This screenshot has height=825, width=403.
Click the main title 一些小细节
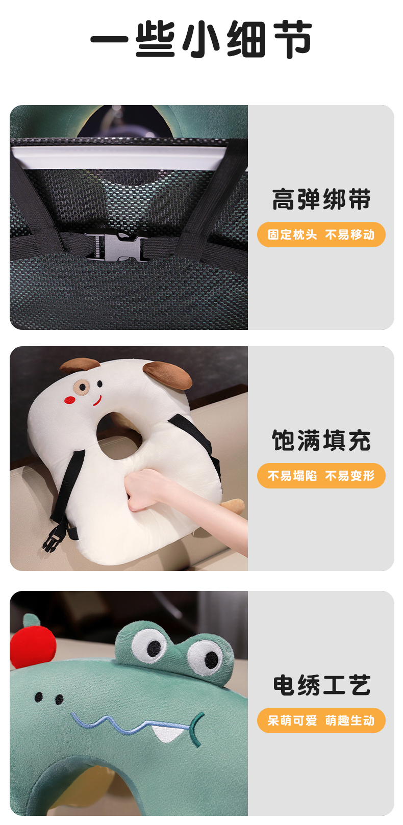(x=202, y=39)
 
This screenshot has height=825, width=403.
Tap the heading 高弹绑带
(x=321, y=199)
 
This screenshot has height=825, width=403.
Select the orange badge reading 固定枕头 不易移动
(x=321, y=235)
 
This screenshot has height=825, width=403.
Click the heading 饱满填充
(x=321, y=441)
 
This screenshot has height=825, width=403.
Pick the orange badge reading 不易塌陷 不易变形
(x=321, y=476)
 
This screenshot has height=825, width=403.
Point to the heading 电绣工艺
(x=321, y=685)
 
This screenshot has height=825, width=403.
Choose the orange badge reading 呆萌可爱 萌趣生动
(x=321, y=721)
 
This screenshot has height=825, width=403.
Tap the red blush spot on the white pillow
(x=70, y=400)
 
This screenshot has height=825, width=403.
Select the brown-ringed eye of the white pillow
(x=82, y=387)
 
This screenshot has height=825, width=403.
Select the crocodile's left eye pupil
(x=154, y=647)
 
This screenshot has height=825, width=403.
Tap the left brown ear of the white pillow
(x=80, y=364)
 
